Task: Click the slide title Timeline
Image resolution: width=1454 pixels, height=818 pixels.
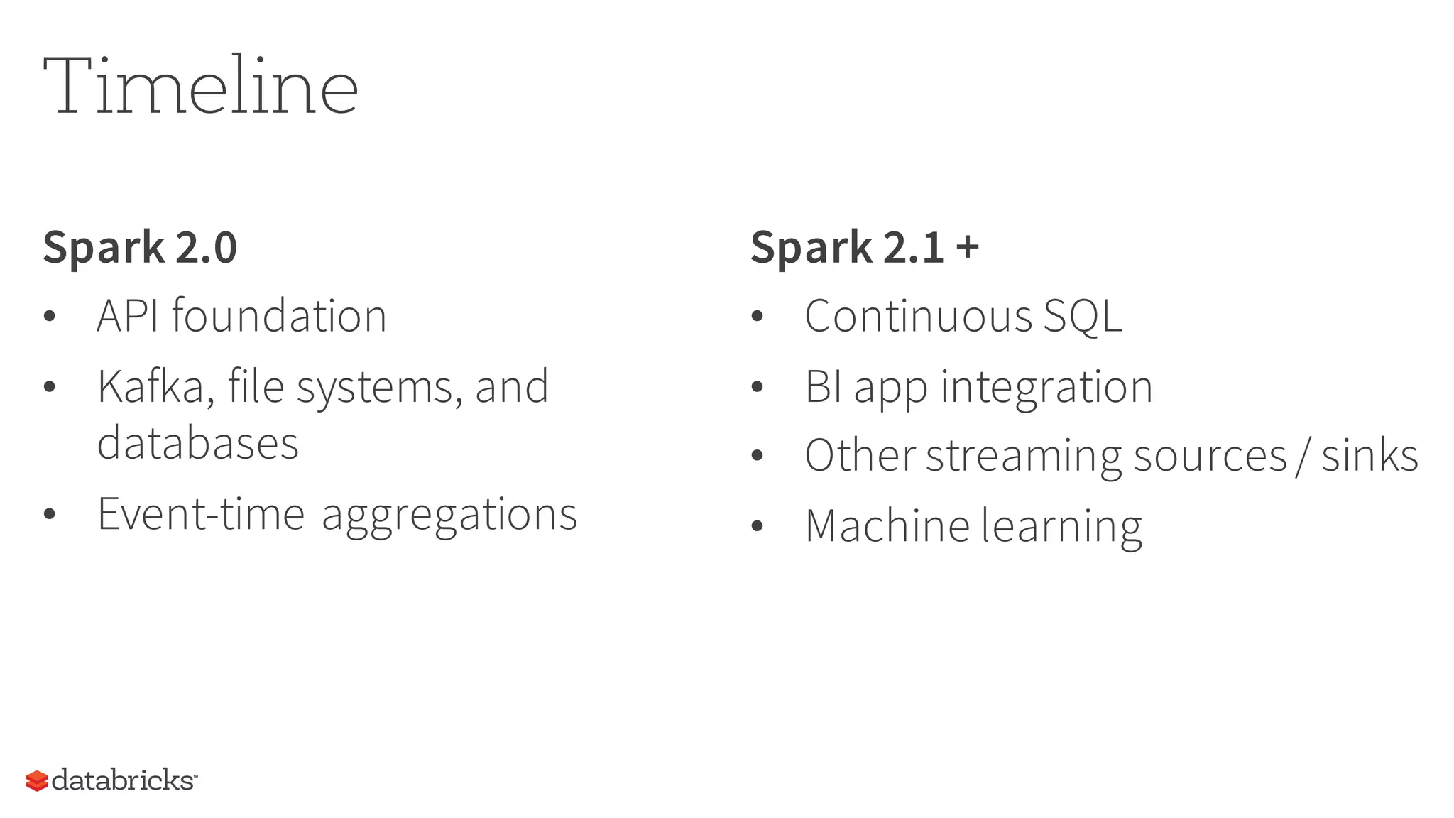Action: pos(200,86)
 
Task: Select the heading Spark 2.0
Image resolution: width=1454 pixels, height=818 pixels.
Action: pos(140,247)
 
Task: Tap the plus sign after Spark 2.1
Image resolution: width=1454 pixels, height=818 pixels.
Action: pos(967,247)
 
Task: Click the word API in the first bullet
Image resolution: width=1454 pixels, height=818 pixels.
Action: pos(128,316)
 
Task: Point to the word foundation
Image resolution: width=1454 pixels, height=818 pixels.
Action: pos(280,316)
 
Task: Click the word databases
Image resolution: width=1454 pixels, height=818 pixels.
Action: pos(198,444)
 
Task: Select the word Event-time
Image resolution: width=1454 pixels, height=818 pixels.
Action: pos(201,514)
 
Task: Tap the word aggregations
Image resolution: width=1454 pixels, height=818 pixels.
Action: pos(449,516)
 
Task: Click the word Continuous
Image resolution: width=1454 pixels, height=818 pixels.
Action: pos(918,316)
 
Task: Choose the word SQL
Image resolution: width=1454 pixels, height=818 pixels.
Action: pos(1083,316)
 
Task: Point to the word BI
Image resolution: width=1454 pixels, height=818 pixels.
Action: pos(823,387)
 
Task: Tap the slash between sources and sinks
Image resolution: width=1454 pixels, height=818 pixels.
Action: pos(1303,456)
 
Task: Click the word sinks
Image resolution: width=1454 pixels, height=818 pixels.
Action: pos(1370,456)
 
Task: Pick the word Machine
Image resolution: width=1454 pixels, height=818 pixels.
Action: pos(887,526)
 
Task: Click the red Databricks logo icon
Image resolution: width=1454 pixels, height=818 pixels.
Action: pos(37,780)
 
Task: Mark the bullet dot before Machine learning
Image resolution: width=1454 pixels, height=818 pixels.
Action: pos(757,526)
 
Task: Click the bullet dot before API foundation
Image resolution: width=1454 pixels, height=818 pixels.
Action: pos(49,317)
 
